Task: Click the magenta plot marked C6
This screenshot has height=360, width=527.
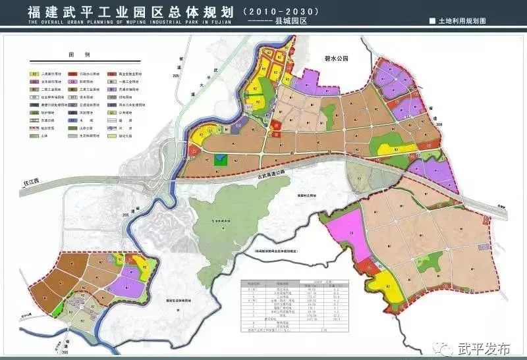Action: [352, 234]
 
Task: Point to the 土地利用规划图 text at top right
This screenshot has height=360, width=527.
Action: [462, 21]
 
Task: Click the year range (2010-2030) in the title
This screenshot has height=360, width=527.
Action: [281, 11]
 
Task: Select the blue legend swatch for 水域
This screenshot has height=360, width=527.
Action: [73, 121]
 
